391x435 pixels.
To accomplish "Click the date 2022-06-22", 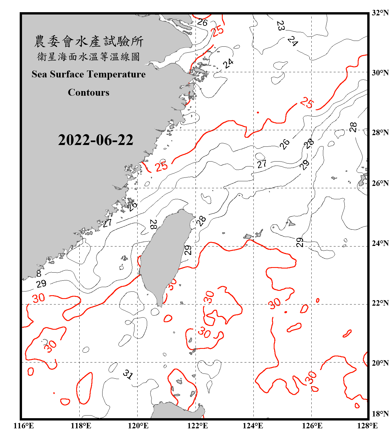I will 96,140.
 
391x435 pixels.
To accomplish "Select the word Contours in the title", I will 89,93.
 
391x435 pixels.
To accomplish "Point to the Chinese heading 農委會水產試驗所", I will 89,41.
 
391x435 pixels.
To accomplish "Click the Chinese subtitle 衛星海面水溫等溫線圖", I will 89,57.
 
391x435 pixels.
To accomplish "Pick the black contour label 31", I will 128,374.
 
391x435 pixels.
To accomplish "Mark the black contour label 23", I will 280,26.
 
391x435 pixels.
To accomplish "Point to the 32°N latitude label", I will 380,13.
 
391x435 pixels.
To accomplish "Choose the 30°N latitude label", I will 380,73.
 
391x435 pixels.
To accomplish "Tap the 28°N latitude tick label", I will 380,133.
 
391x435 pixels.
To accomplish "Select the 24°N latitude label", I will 380,243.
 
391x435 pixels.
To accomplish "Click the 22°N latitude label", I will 380,303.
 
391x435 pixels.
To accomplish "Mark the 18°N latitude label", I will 380,414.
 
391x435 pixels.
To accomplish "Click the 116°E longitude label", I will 24,426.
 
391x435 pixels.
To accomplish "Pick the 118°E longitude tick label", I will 81,426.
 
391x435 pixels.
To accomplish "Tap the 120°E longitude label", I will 138,426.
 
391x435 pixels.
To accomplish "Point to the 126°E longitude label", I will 312,426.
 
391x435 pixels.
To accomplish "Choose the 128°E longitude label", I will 367,426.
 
